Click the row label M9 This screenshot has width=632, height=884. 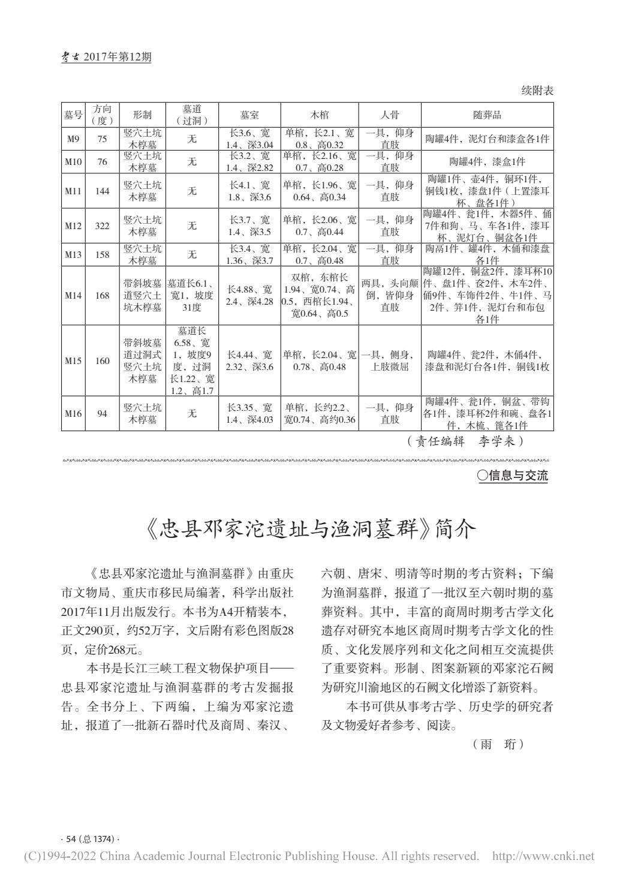[x=73, y=139]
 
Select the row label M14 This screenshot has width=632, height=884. [x=73, y=296]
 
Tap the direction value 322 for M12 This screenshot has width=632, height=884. [x=102, y=225]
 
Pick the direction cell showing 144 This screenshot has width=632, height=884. [x=102, y=191]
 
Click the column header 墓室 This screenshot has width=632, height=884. [x=249, y=115]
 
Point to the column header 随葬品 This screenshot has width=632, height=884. [x=487, y=115]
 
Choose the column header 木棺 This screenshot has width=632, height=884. [x=319, y=115]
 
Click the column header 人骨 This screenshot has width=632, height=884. [x=390, y=115]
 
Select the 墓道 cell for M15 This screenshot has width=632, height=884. [x=192, y=360]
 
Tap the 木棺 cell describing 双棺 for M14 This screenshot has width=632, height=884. [x=319, y=296]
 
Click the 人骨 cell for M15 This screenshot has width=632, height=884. [x=390, y=360]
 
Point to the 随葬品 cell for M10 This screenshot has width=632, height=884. [x=487, y=161]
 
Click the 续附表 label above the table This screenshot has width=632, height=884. [x=537, y=91]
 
